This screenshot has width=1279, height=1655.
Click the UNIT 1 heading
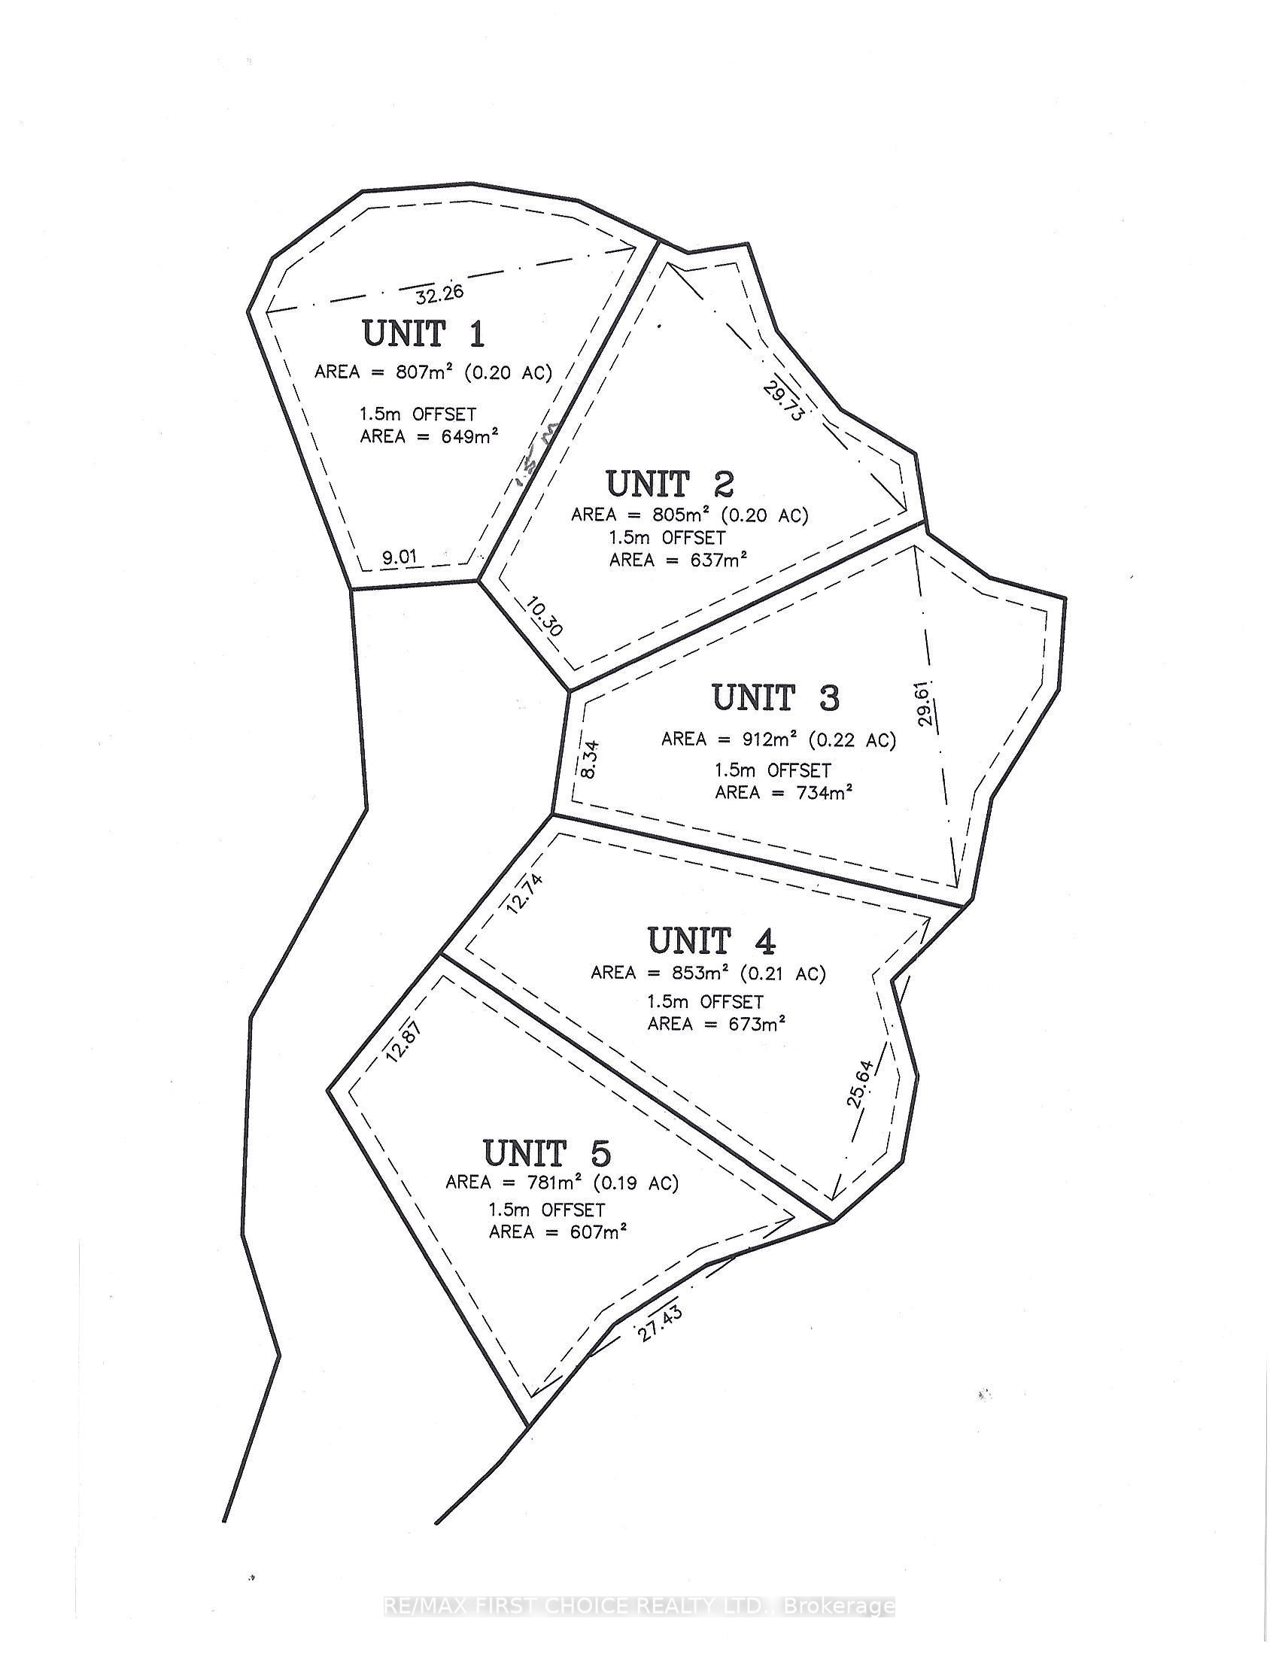(x=424, y=334)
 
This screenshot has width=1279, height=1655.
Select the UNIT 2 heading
(x=669, y=484)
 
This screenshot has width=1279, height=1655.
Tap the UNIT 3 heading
(x=775, y=698)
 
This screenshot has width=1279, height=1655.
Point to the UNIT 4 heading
(x=712, y=941)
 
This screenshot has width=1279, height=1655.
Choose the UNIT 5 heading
(x=546, y=1154)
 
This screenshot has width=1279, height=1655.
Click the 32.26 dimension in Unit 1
(x=439, y=293)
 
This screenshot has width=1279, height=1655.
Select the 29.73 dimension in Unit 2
(x=782, y=402)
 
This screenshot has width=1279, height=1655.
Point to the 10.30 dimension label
(x=543, y=617)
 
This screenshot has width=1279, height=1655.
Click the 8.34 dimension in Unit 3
(x=591, y=758)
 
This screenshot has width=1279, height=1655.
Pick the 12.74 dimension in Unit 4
(x=525, y=894)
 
